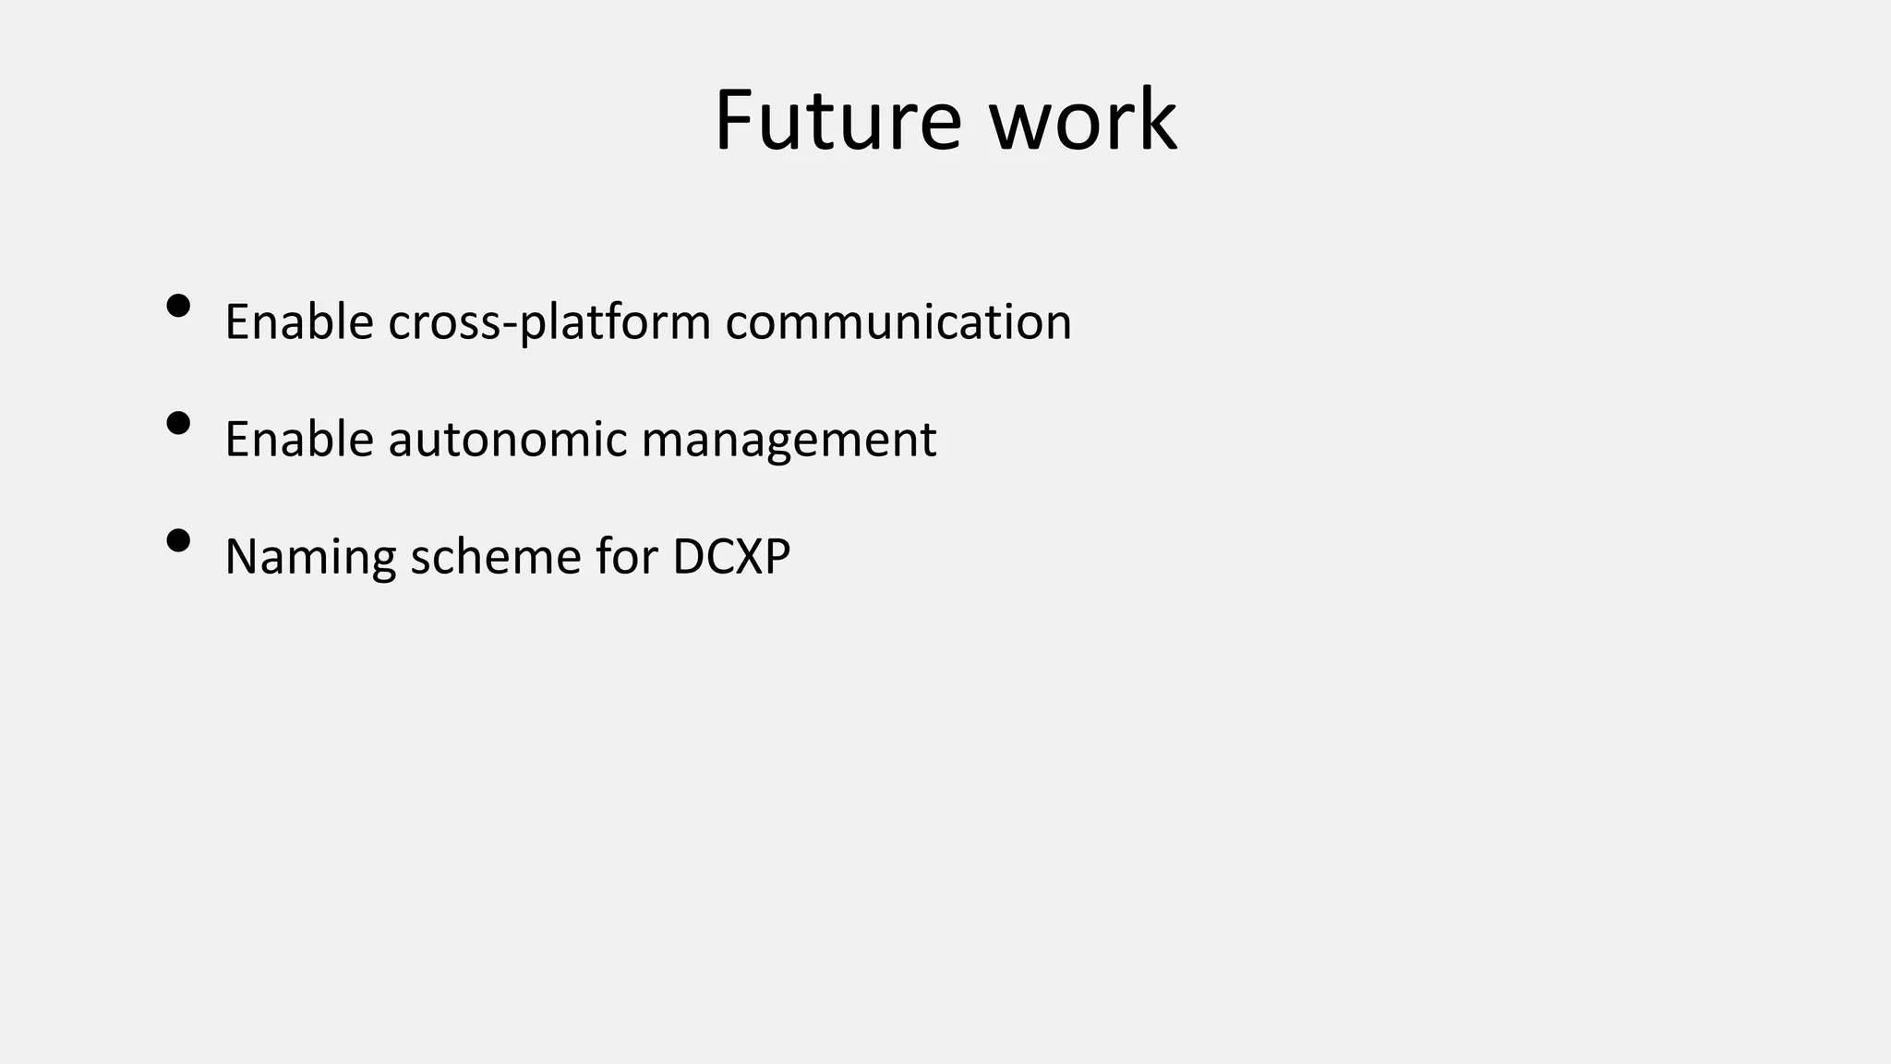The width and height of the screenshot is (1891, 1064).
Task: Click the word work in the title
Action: [1083, 120]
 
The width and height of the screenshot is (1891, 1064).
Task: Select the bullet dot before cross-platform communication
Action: [178, 306]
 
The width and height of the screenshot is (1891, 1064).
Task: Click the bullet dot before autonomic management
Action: [178, 423]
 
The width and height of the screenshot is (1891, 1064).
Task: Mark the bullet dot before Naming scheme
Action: [178, 540]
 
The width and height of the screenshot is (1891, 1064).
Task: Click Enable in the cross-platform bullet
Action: [298, 321]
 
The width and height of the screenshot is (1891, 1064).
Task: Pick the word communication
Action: [898, 321]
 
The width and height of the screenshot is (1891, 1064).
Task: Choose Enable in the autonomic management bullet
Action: [298, 439]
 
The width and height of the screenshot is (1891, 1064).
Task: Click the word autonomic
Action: [507, 439]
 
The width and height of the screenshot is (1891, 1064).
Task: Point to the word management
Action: [789, 441]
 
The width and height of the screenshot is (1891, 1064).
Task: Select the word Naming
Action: [310, 557]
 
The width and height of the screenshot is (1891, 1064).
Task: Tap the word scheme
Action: [496, 556]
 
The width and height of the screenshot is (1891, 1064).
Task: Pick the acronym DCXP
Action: [731, 556]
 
